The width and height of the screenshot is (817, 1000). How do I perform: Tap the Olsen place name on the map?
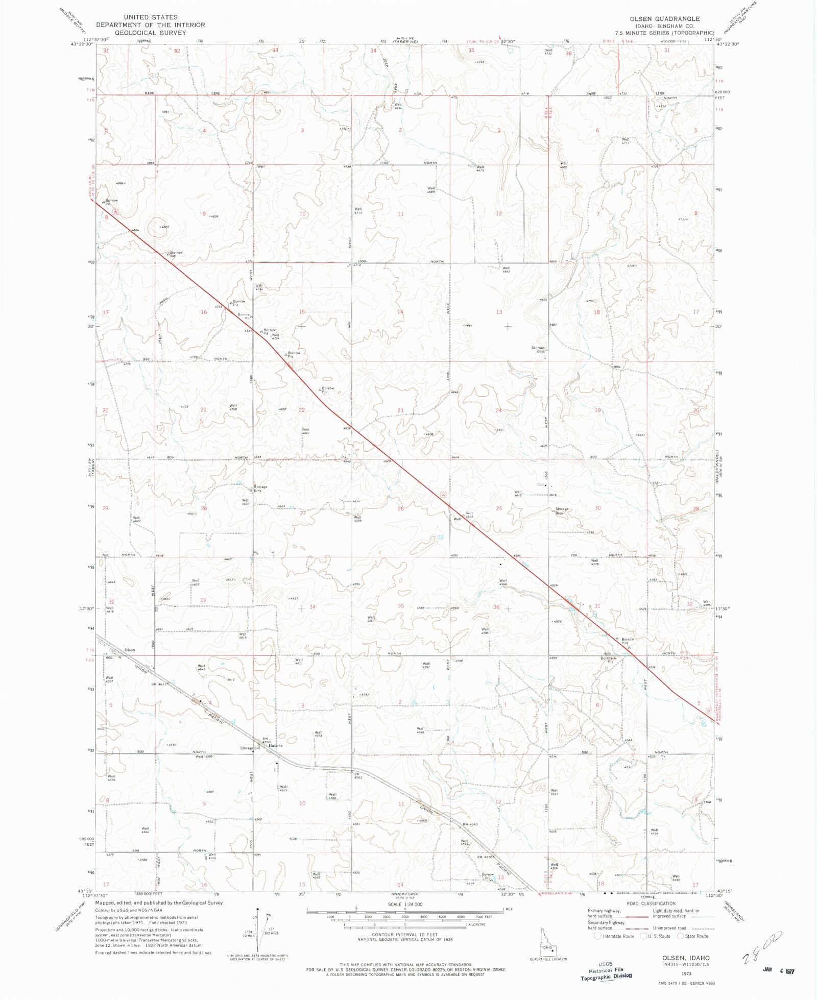(x=130, y=650)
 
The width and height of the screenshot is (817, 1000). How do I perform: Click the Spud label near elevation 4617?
(x=469, y=513)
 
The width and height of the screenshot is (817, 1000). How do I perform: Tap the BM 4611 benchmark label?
(x=158, y=684)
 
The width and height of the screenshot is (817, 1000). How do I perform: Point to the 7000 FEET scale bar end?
(x=484, y=917)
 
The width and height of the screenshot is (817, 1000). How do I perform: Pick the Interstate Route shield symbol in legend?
(x=598, y=936)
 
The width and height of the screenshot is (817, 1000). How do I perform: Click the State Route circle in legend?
(x=680, y=936)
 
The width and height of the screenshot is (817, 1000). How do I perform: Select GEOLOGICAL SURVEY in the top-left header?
(x=150, y=32)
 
